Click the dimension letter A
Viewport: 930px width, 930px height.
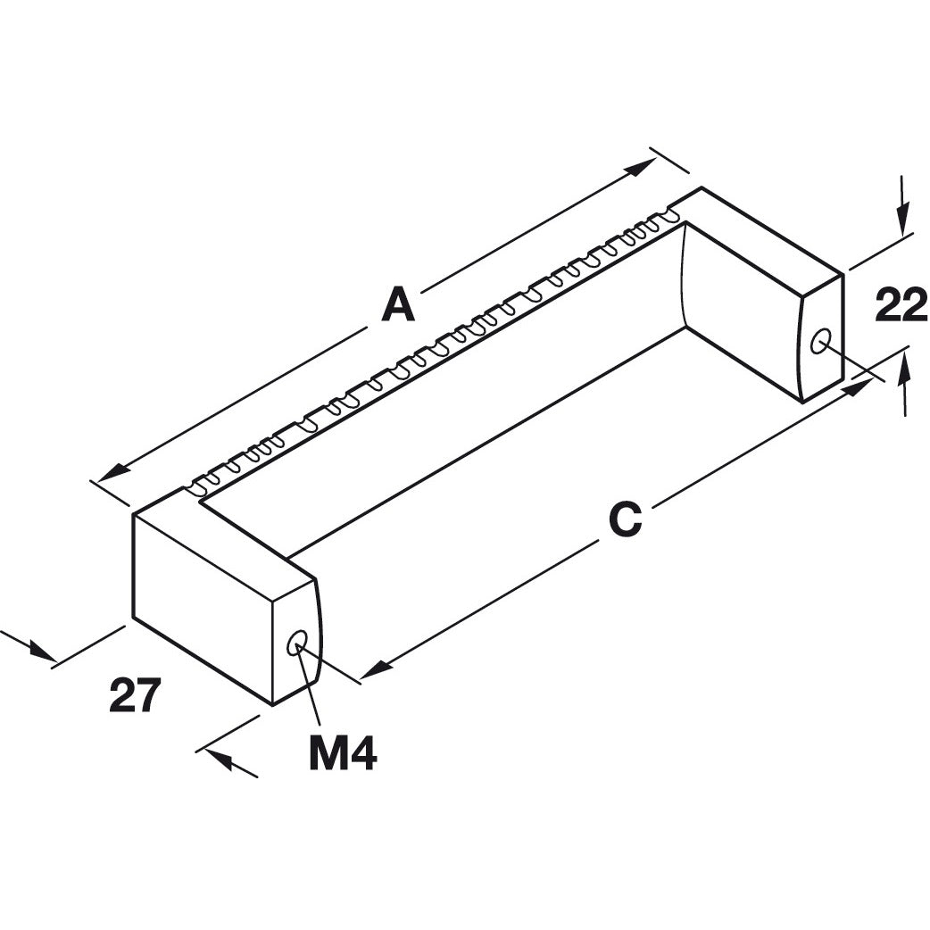pos(398,305)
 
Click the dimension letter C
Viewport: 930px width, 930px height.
pos(625,519)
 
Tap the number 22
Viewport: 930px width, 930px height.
pos(901,306)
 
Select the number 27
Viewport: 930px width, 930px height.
pos(135,695)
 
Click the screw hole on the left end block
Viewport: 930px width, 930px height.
pos(296,642)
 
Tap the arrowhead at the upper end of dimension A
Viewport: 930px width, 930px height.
pos(644,167)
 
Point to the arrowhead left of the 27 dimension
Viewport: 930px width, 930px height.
pos(40,651)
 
